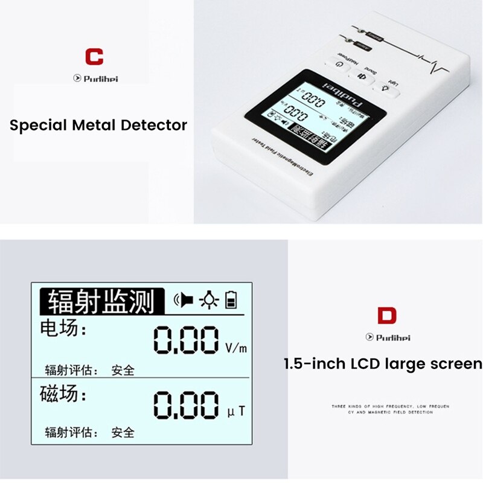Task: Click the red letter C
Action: (x=94, y=57)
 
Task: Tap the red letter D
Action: (x=386, y=316)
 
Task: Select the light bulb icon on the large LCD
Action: (x=209, y=299)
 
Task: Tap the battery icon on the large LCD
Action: (x=231, y=299)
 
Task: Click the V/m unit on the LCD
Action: (x=236, y=348)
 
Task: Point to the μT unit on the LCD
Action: (x=236, y=412)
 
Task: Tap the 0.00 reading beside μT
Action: (x=186, y=404)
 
